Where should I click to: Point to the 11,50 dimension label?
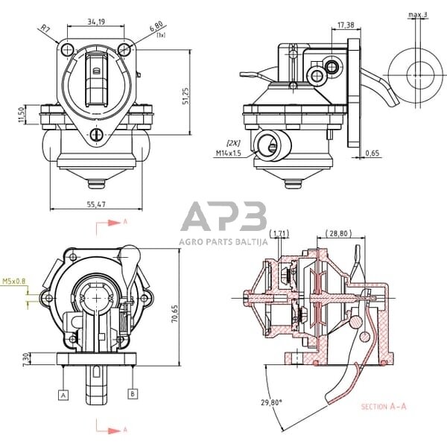coord(23,115)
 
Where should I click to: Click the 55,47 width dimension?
coord(95,203)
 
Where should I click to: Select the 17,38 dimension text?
coord(346,25)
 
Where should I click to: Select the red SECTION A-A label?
coord(384,407)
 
